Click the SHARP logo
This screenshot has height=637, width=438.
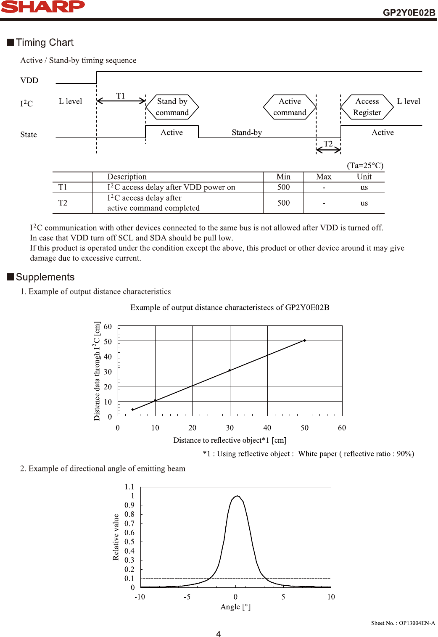42,7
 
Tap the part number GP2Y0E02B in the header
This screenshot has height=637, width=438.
409,13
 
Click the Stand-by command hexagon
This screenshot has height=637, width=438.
172,107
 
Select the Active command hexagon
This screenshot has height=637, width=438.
290,107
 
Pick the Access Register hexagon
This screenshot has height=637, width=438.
367,107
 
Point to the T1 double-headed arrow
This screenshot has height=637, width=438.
121,100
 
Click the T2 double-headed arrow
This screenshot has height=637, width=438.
328,149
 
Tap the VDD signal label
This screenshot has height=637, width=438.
29,80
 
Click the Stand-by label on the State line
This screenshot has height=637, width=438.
247,132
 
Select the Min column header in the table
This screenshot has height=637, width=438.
283,177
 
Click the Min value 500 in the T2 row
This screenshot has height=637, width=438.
283,203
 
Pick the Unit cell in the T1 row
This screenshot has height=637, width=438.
364,187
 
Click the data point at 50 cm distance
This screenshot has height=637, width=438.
305,341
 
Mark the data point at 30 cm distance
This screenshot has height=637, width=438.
230,370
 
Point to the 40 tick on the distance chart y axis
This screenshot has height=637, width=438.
108,357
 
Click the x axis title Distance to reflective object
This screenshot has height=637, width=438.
230,440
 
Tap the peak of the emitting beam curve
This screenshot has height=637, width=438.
237,496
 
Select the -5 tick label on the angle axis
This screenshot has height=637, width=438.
187,597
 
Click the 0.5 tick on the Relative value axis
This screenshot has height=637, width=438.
129,542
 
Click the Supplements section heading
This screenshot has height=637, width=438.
45,277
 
